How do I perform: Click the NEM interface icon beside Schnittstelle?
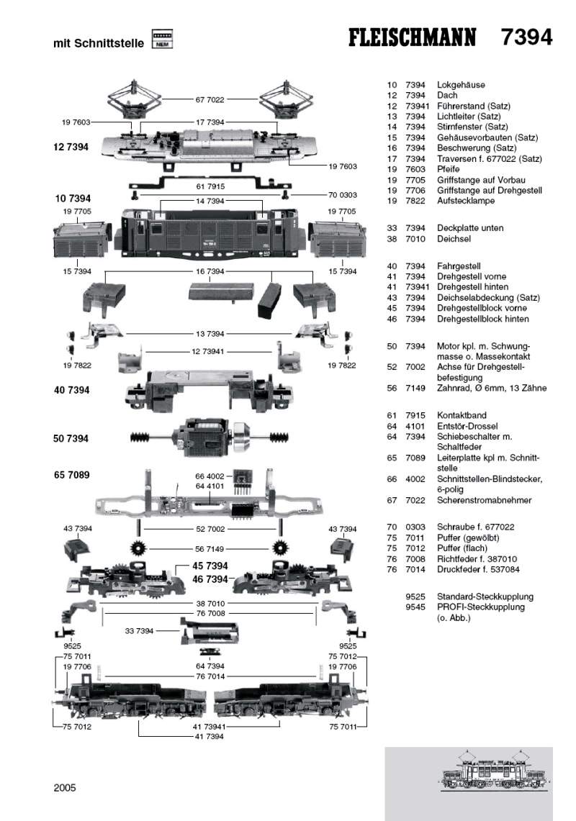162,40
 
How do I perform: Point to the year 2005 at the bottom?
64,787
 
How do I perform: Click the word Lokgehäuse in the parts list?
461,84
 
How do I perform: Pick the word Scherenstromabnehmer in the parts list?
484,500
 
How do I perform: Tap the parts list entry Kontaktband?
462,415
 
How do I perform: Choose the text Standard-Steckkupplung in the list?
485,597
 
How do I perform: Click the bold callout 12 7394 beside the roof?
71,147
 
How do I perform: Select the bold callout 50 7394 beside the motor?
71,438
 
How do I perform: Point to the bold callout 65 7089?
71,475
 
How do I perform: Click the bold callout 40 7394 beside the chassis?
71,390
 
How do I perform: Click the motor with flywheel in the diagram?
209,437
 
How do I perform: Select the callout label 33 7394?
140,631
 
